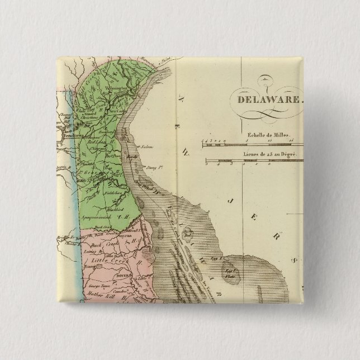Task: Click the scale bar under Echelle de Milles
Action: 252,144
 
